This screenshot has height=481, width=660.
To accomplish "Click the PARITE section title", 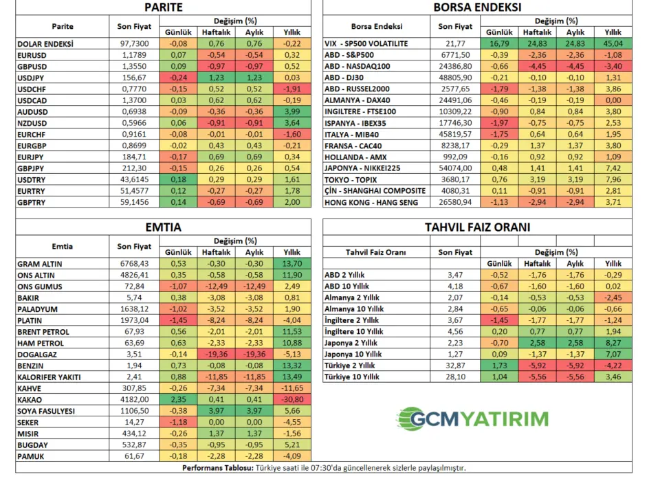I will tap(164, 8).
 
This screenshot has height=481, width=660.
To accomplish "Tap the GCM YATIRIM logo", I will tap(472, 418).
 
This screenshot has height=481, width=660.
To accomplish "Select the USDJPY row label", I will tap(32, 78).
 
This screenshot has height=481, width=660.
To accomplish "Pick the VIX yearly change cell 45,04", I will tap(613, 43).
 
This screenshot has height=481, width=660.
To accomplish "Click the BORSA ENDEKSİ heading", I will tap(476, 8).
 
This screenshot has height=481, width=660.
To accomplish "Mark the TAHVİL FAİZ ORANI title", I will tap(476, 227).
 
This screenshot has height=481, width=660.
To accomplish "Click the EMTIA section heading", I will tap(164, 227).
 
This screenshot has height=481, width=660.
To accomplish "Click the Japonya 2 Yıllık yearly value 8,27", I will tap(613, 342).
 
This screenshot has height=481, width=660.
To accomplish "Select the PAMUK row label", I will tap(31, 456).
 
